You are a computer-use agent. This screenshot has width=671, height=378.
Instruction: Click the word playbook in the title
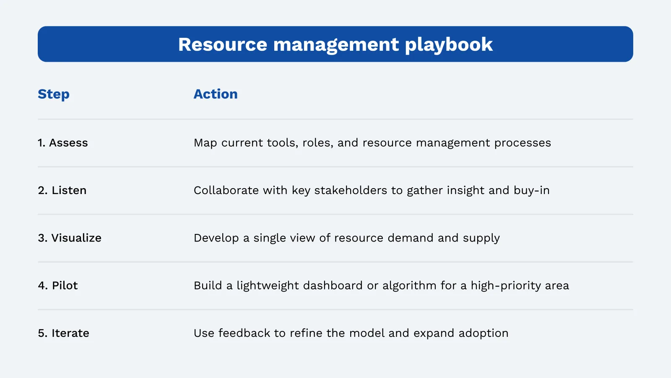click(449, 45)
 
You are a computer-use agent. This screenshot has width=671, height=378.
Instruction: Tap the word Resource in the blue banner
click(223, 45)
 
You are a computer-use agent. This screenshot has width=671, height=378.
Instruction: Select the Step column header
click(54, 94)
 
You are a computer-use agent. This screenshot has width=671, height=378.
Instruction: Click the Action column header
click(216, 94)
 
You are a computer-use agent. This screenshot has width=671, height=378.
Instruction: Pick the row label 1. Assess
click(63, 143)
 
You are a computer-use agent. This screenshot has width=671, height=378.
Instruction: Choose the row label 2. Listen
click(62, 190)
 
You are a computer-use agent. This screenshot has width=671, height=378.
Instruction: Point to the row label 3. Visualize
click(70, 238)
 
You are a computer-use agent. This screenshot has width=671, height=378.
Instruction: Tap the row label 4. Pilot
click(58, 286)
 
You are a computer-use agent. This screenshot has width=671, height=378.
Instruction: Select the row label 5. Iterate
click(63, 333)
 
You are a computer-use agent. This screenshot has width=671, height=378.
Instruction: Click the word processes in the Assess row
click(523, 143)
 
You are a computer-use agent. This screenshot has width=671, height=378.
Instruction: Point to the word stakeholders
click(351, 190)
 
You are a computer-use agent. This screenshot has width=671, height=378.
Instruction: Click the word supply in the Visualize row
click(481, 239)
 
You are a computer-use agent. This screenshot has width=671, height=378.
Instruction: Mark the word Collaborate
click(226, 190)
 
